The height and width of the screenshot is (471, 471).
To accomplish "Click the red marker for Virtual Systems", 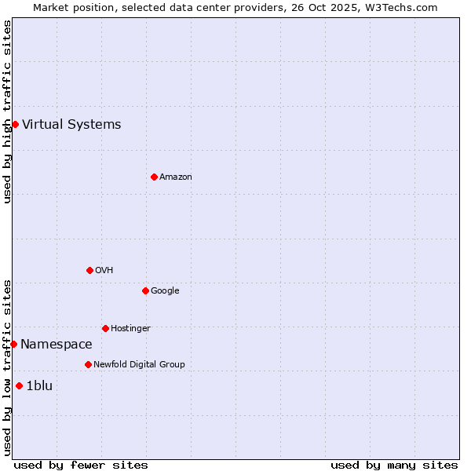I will [15, 124].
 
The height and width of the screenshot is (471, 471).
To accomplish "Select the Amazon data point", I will [154, 177].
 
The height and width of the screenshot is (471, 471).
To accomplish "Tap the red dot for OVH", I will [89, 270].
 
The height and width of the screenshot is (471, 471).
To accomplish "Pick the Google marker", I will [145, 290].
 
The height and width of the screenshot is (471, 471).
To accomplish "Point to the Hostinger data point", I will [105, 328].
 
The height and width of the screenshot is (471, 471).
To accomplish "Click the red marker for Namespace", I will [13, 344].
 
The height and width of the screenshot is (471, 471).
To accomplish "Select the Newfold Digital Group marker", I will [88, 364].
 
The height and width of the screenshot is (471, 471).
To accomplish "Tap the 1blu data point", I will [19, 385].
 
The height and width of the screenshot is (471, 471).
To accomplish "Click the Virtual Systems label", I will [71, 124].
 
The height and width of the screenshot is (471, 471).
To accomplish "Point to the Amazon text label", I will [176, 177].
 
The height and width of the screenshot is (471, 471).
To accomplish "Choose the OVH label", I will [104, 270].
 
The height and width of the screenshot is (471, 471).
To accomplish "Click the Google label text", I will [165, 290].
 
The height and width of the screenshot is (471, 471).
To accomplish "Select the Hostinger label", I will [130, 328].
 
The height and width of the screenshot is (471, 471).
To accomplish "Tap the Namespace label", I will [57, 344].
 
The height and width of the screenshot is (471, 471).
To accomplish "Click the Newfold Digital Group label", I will [139, 364].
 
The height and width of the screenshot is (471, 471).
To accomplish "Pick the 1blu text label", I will [39, 385].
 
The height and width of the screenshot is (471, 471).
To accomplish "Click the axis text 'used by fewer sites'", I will [81, 465].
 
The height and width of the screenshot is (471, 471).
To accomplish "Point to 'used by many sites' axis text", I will [394, 465].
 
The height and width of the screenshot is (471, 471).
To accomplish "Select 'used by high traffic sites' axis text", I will [7, 111].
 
